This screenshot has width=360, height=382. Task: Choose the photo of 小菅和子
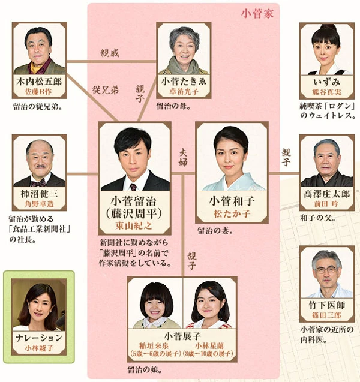[231, 158]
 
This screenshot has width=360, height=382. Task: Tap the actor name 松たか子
[231, 214]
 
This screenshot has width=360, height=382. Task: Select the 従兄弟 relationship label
[105, 90]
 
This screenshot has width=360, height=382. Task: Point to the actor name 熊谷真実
[326, 92]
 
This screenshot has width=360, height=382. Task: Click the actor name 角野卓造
[39, 205]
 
